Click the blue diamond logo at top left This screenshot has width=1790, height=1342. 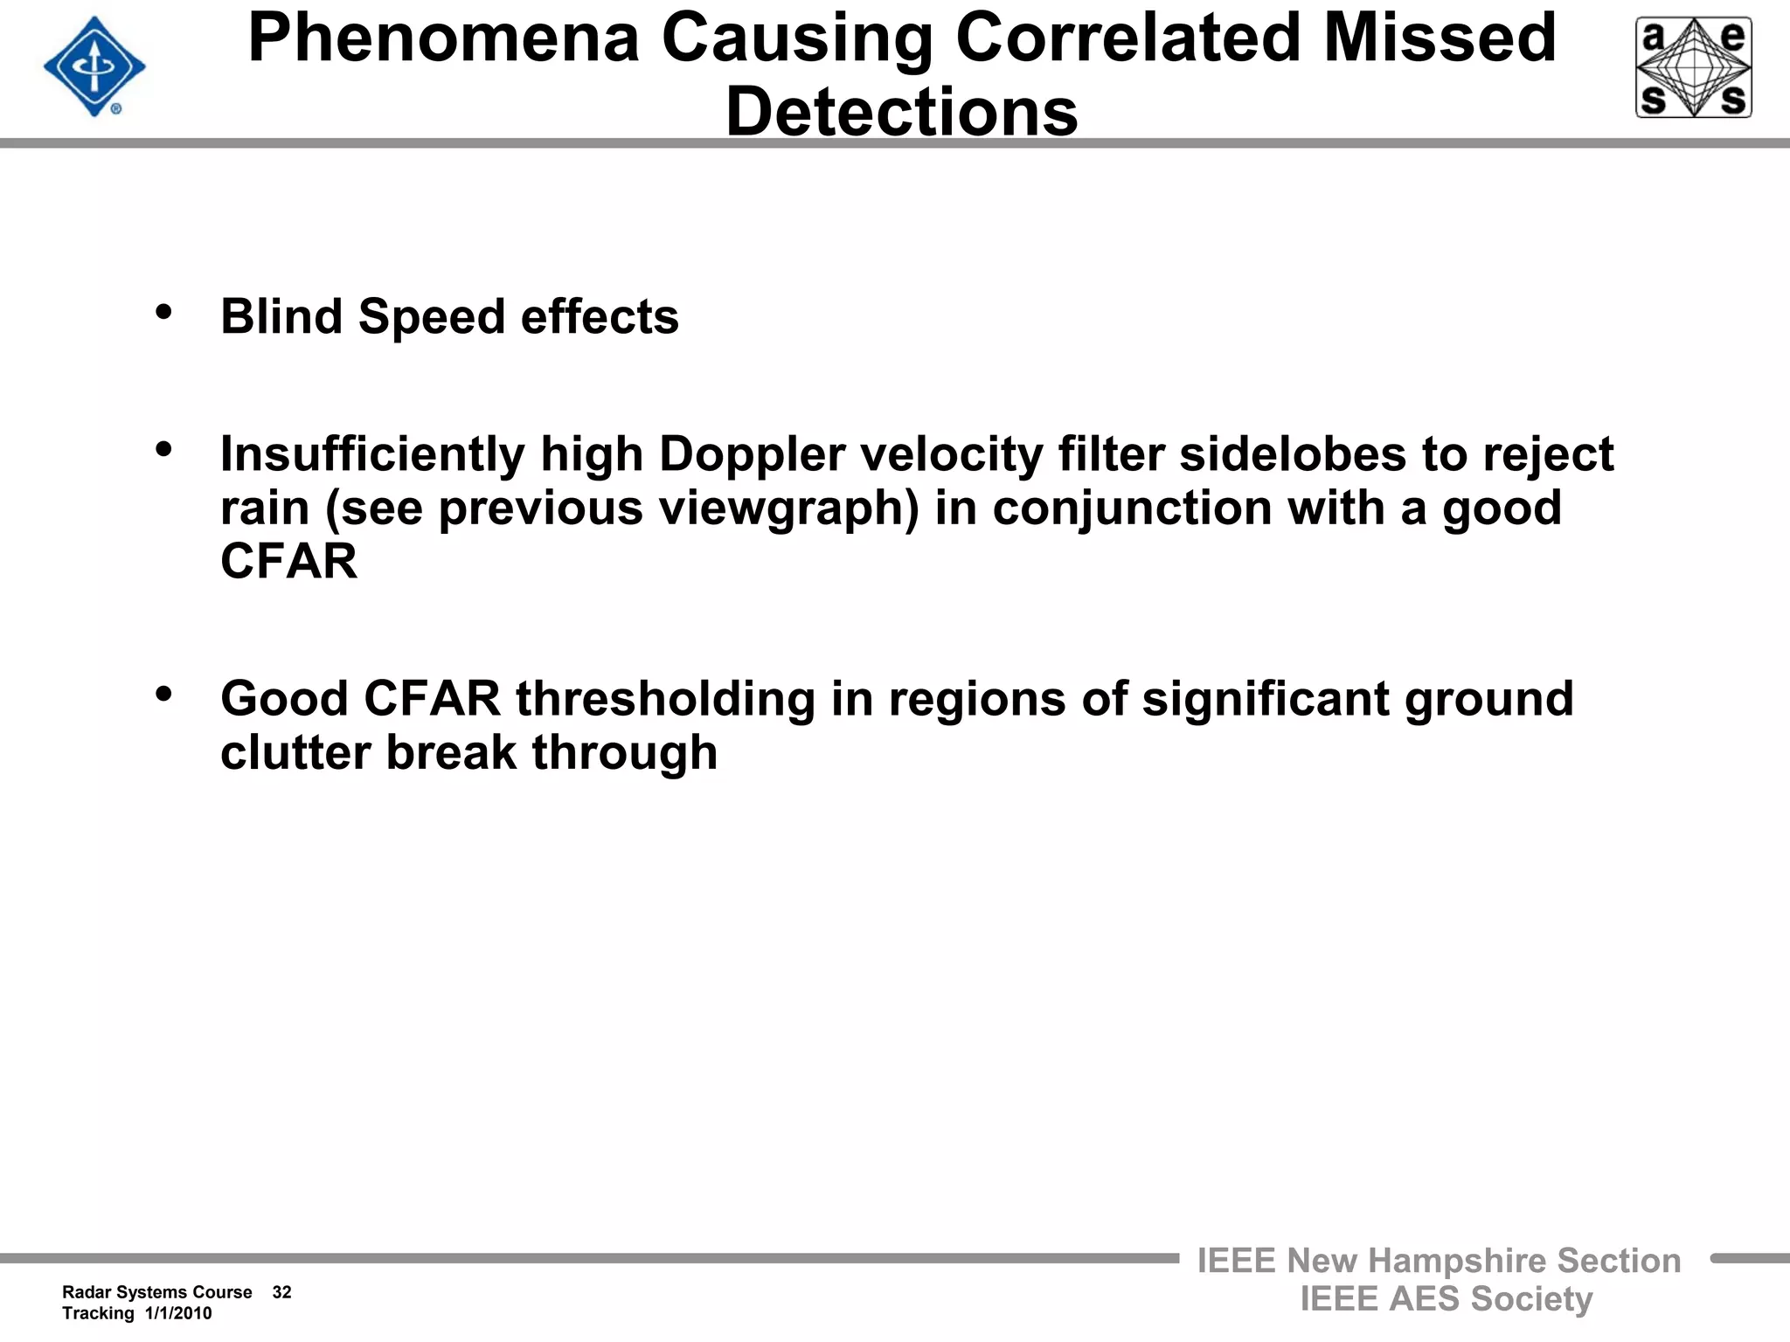point(94,67)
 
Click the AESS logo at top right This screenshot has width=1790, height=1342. point(1693,67)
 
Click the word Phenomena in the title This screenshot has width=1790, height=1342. point(444,38)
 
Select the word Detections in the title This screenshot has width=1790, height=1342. point(902,113)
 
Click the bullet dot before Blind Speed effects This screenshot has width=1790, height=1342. point(163,312)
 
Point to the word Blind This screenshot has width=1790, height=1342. point(281,316)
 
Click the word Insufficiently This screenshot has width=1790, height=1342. point(372,455)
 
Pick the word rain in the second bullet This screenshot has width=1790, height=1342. point(265,508)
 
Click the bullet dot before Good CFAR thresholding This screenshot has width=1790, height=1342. point(163,695)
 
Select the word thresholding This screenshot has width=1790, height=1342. point(665,700)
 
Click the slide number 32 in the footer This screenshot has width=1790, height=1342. point(281,1292)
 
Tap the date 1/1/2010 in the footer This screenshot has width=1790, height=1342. point(178,1313)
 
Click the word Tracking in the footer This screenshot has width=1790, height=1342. point(98,1313)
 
